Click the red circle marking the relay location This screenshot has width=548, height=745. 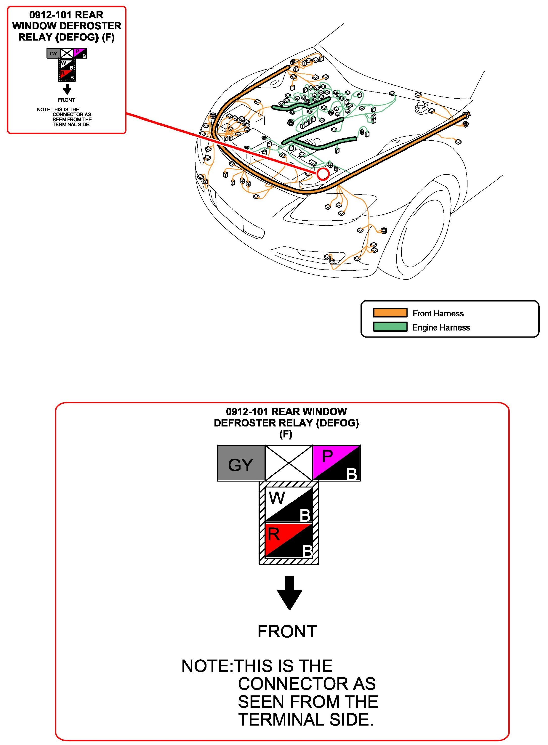(323, 173)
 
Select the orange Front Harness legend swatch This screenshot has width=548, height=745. (390, 313)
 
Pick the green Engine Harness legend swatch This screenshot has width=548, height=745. (390, 326)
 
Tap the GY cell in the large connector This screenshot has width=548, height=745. (241, 463)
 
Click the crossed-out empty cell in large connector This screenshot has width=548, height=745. (288, 463)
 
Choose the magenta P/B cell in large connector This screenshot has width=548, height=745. (336, 463)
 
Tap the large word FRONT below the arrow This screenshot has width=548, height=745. (287, 631)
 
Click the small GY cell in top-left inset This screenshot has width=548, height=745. (53, 53)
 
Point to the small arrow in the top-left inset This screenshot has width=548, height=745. (67, 89)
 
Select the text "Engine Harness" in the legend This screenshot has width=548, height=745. (441, 327)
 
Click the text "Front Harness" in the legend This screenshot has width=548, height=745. (438, 314)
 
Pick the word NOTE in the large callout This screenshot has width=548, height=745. (205, 666)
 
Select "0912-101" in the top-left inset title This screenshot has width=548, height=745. (50, 15)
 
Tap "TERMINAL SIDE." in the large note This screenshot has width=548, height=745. (306, 720)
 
